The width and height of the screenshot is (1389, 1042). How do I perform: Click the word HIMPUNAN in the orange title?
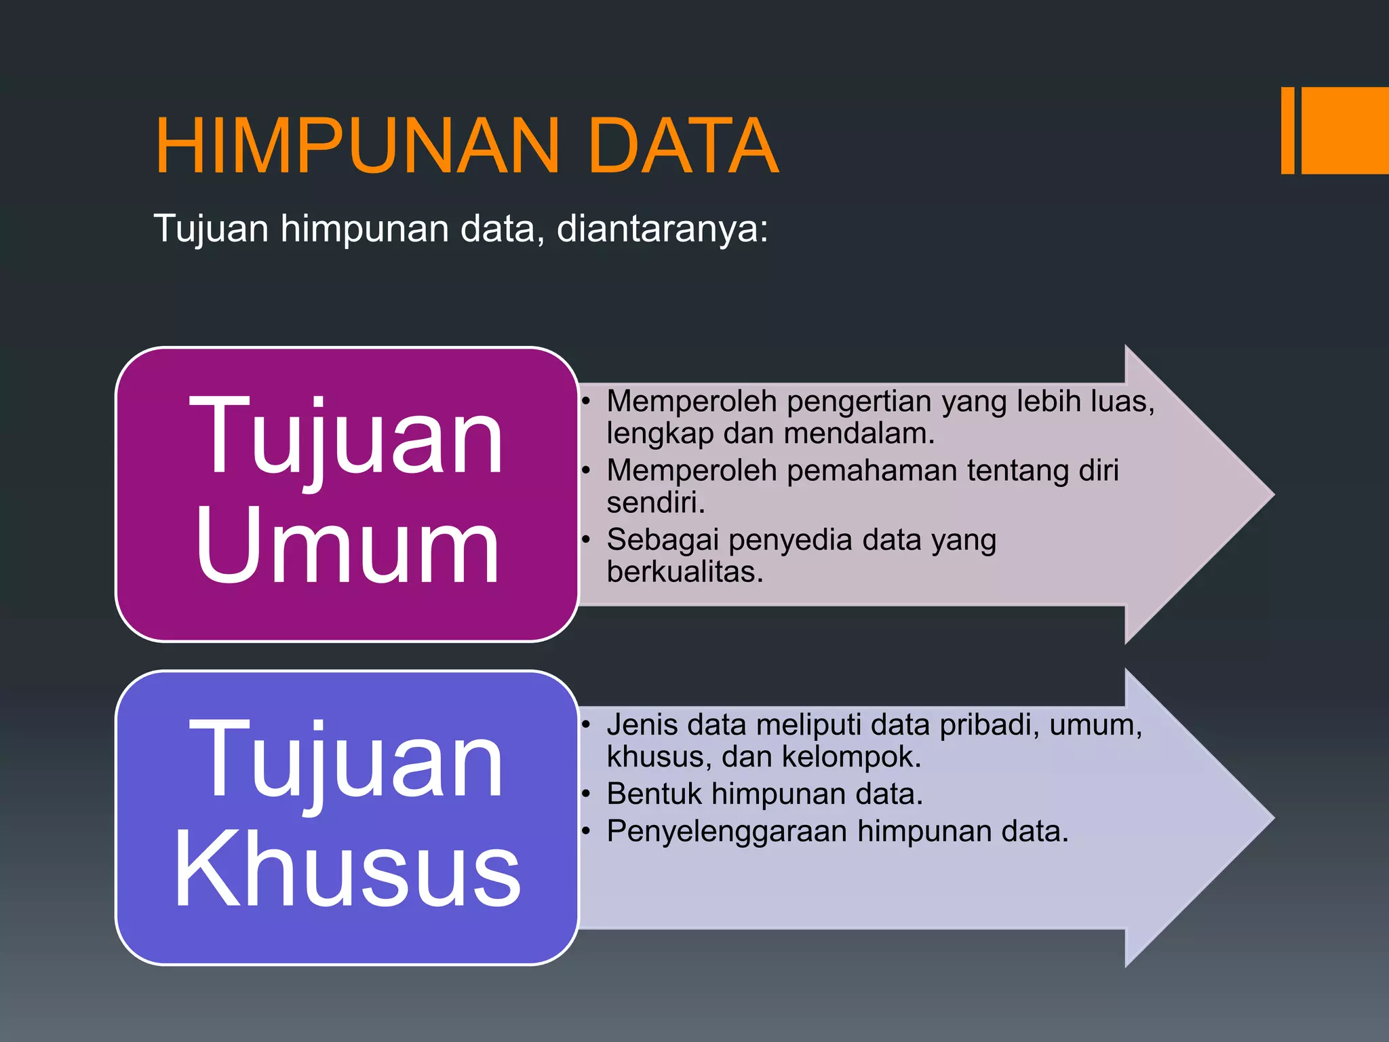coord(357,147)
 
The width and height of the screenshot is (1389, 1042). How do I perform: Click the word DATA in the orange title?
coord(683,147)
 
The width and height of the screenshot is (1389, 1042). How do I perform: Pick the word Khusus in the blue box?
coord(347,870)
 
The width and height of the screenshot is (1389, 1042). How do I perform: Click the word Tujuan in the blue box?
coord(347,761)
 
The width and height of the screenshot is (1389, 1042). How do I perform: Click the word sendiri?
coord(656,503)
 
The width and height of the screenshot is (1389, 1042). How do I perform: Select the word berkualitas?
coord(685,572)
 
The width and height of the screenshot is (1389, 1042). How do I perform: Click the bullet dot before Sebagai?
coord(587,541)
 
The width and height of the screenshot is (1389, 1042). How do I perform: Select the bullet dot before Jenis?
coord(587,725)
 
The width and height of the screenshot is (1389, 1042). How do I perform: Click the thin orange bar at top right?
coord(1287,130)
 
